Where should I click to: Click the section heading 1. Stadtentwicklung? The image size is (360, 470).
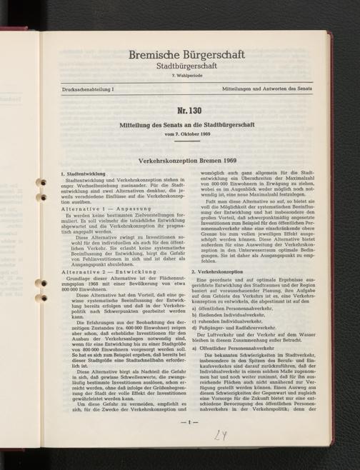85,174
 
